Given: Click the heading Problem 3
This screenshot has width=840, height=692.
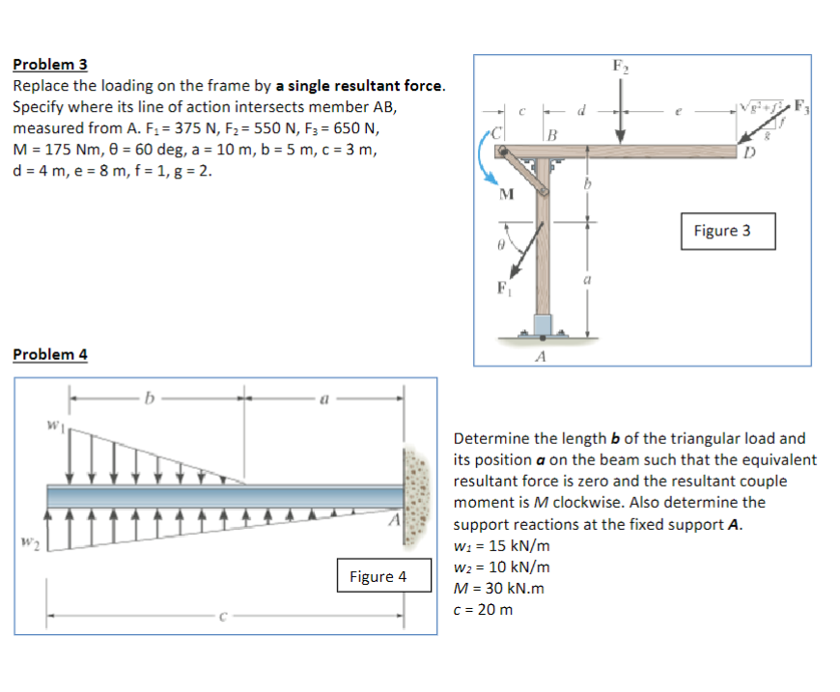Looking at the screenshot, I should coord(50,65).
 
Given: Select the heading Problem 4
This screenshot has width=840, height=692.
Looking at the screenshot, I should coord(50,354).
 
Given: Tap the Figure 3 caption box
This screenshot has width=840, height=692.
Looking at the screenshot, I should coord(720,231).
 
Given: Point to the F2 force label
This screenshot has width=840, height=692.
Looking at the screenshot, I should coord(619,67).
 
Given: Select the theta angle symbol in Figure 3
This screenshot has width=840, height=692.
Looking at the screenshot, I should coord(502,247).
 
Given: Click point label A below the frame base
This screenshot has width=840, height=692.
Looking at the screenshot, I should coord(541,355).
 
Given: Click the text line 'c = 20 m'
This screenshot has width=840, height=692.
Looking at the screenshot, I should coord(483,609).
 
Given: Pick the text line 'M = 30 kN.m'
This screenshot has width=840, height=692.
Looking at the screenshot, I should coord(498,588).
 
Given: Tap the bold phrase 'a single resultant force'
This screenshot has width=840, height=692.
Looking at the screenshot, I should coord(360,86).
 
